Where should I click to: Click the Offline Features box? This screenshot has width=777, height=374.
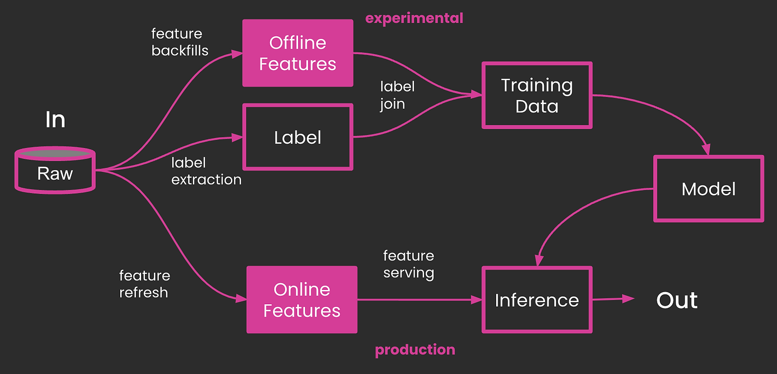(298, 53)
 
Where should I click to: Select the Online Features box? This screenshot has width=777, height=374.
(302, 300)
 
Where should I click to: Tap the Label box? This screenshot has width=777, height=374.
(298, 137)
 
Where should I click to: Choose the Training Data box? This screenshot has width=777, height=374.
(537, 96)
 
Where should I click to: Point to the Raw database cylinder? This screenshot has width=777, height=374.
(55, 170)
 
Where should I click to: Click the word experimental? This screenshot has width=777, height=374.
(414, 18)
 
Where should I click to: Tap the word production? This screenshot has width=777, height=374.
(415, 350)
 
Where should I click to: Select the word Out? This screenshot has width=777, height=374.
(677, 300)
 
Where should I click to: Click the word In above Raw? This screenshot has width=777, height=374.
(55, 120)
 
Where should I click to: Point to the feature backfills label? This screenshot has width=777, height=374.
(180, 42)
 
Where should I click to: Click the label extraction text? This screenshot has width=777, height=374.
(206, 171)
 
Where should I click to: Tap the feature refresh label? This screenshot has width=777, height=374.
(145, 284)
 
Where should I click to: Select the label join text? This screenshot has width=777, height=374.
(397, 95)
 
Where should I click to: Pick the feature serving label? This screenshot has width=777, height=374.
(408, 264)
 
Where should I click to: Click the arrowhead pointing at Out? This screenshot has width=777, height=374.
(628, 298)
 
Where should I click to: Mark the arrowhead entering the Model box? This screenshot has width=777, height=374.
(706, 150)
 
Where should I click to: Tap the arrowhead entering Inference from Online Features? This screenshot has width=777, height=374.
(476, 300)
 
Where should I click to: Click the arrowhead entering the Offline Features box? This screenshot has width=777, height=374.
(237, 54)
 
